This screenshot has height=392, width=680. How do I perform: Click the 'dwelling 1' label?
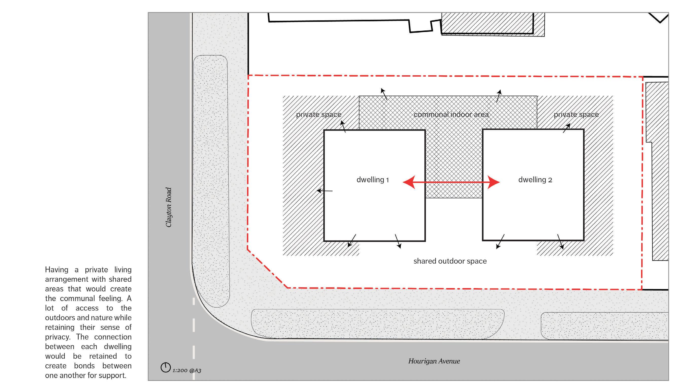tap(372, 180)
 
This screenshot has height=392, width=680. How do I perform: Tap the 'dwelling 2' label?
tap(535, 180)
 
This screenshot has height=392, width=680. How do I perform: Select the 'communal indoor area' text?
tap(451, 114)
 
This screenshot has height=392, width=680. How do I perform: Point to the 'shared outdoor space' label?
tap(450, 261)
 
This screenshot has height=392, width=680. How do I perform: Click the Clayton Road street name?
tap(168, 207)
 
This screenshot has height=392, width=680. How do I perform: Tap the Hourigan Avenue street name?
tap(434, 361)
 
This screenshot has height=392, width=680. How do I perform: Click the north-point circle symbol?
tap(166, 367)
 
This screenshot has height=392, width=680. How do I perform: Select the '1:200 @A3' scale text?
tap(187, 370)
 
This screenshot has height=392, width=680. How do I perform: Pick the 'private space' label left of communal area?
tap(318, 114)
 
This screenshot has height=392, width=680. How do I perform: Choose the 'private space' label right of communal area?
tap(576, 114)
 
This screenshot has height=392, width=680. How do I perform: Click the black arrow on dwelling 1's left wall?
tap(324, 191)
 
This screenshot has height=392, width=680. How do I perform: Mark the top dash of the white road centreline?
tap(194, 301)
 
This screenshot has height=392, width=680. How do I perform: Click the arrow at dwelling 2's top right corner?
tap(566, 128)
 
